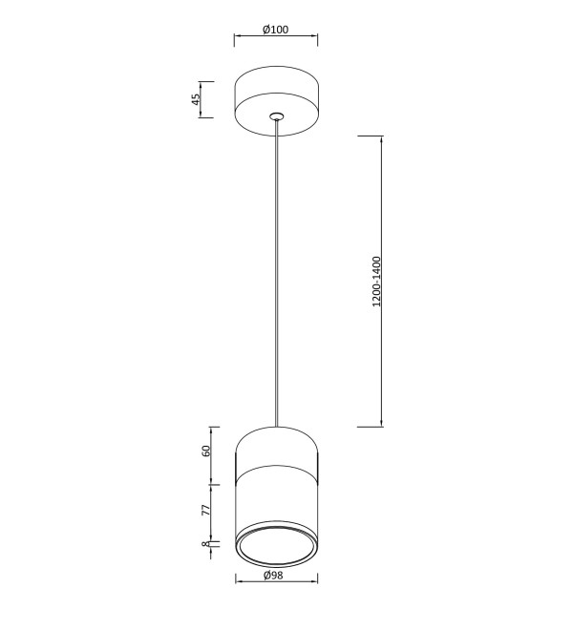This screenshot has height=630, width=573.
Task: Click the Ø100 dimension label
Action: [276, 30]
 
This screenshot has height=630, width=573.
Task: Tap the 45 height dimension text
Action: [196, 99]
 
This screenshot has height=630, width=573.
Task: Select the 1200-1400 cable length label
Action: [376, 282]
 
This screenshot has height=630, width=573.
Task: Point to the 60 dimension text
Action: [206, 451]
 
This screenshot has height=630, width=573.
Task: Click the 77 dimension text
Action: [206, 510]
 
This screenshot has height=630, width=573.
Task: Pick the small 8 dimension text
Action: [205, 544]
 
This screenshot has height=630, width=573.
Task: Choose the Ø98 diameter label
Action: [273, 576]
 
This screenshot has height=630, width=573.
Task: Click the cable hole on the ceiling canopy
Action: [276, 116]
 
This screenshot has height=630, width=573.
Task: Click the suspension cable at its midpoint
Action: [276, 273]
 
